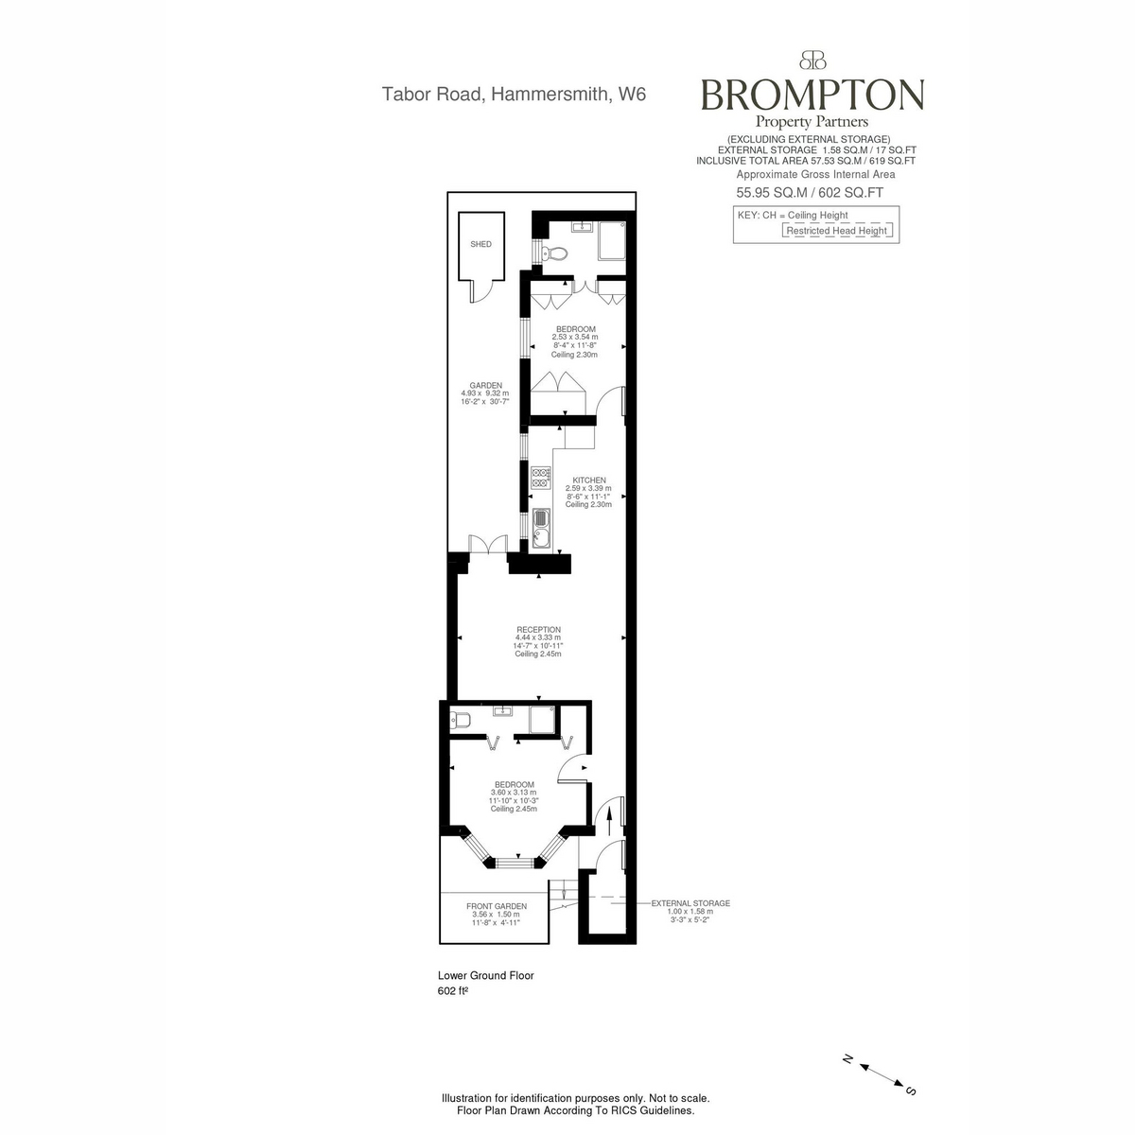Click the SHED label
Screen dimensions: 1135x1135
coord(480,244)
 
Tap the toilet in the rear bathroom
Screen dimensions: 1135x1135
coord(553,253)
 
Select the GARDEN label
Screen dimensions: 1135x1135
coord(486,385)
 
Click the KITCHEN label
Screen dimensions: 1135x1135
coord(589,480)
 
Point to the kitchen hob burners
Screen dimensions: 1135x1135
coord(541,477)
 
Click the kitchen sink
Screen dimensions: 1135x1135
coord(541,528)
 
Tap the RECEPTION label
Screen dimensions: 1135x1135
coord(538,630)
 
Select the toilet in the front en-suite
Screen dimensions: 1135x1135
coord(460,720)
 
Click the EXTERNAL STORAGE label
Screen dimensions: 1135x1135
coord(690,903)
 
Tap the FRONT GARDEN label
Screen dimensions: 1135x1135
coord(497,906)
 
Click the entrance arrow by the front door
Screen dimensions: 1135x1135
coord(608,819)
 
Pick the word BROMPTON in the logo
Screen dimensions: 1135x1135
coord(812,95)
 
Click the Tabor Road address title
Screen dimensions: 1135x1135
coord(514,94)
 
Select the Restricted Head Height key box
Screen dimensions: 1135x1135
coord(836,230)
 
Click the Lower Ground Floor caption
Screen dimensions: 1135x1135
coord(485,975)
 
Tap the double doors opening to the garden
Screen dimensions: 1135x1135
coord(488,544)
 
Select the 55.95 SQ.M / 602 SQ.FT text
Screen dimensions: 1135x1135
coord(810,193)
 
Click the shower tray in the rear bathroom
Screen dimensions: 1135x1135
coord(612,240)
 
